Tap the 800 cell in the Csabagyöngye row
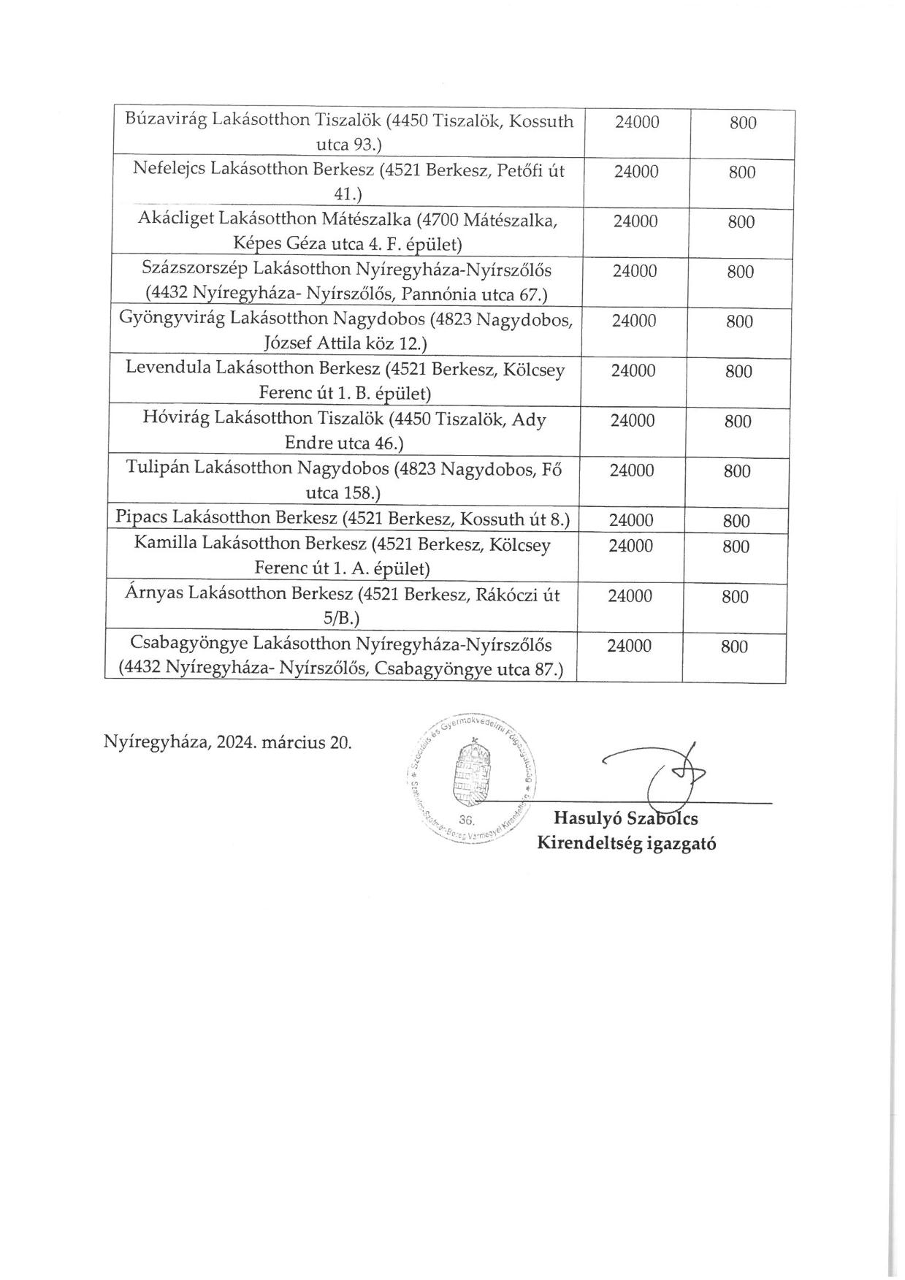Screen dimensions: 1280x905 pyautogui.click(x=734, y=647)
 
